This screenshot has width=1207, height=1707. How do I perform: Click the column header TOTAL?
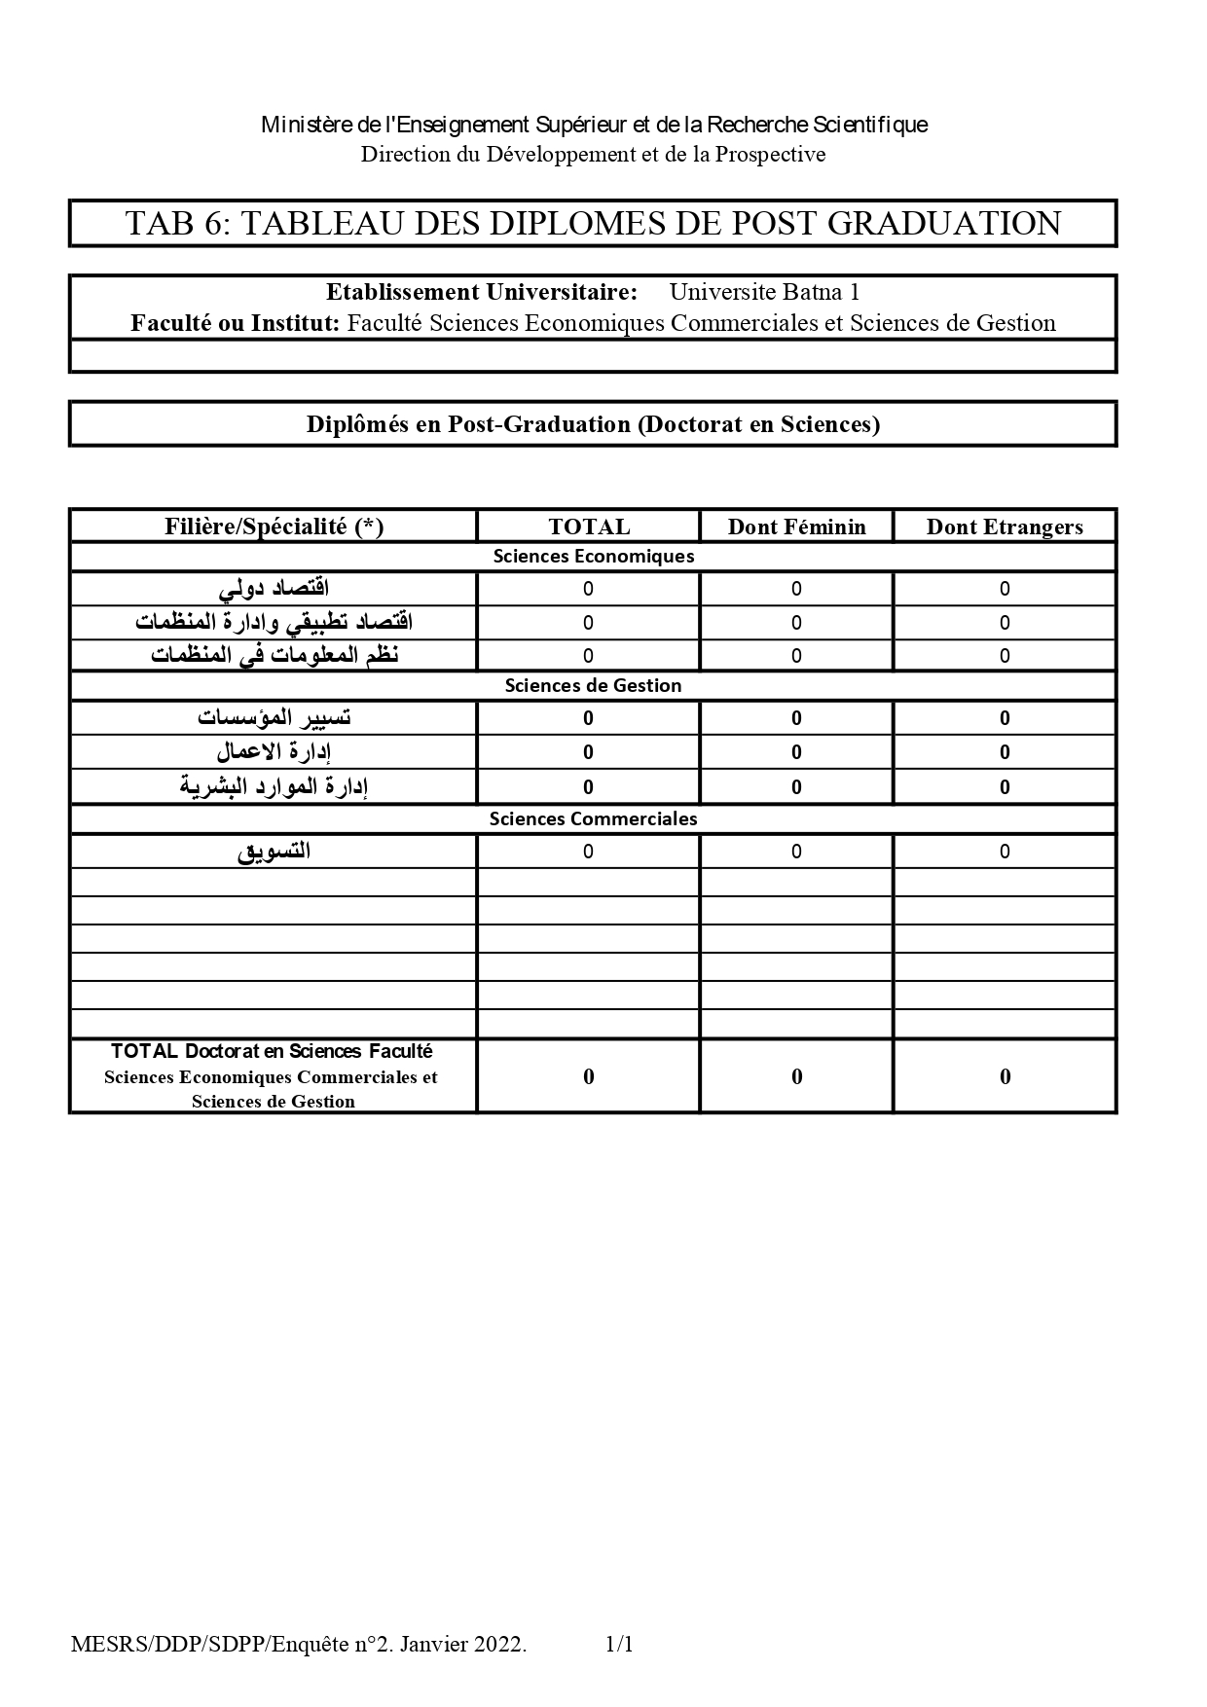[x=589, y=527]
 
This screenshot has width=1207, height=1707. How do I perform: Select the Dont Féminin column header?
[x=796, y=527]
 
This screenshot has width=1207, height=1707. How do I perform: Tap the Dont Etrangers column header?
[x=1005, y=527]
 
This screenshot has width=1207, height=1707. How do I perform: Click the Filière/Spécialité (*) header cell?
[x=274, y=527]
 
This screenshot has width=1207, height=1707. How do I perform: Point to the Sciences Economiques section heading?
[x=593, y=557]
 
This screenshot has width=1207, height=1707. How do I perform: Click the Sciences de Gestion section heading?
[x=593, y=685]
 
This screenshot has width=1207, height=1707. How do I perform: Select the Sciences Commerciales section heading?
[x=593, y=818]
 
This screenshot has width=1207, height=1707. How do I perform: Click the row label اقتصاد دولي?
[x=274, y=589]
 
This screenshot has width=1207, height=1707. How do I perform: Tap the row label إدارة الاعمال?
[x=274, y=752]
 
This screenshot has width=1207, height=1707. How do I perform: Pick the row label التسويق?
[x=274, y=852]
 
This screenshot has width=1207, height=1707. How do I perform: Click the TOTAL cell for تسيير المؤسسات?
[x=588, y=718]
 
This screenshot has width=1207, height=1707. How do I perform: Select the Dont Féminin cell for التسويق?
[x=796, y=852]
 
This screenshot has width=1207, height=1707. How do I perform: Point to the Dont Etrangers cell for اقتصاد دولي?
[x=1005, y=589]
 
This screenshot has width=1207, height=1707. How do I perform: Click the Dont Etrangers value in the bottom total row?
[x=1005, y=1076]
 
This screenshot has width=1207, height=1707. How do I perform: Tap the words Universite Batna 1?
[x=764, y=292]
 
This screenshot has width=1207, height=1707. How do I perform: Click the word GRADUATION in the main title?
[x=944, y=224]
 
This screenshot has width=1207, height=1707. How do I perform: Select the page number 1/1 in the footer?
[x=619, y=1645]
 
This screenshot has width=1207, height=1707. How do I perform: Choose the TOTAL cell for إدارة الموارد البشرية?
[x=588, y=786]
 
